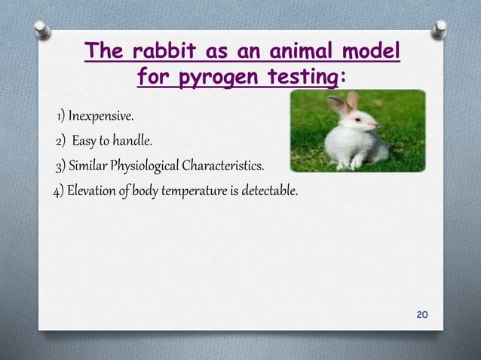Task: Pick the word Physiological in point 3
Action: (149, 166)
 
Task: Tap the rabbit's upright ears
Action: (343, 104)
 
